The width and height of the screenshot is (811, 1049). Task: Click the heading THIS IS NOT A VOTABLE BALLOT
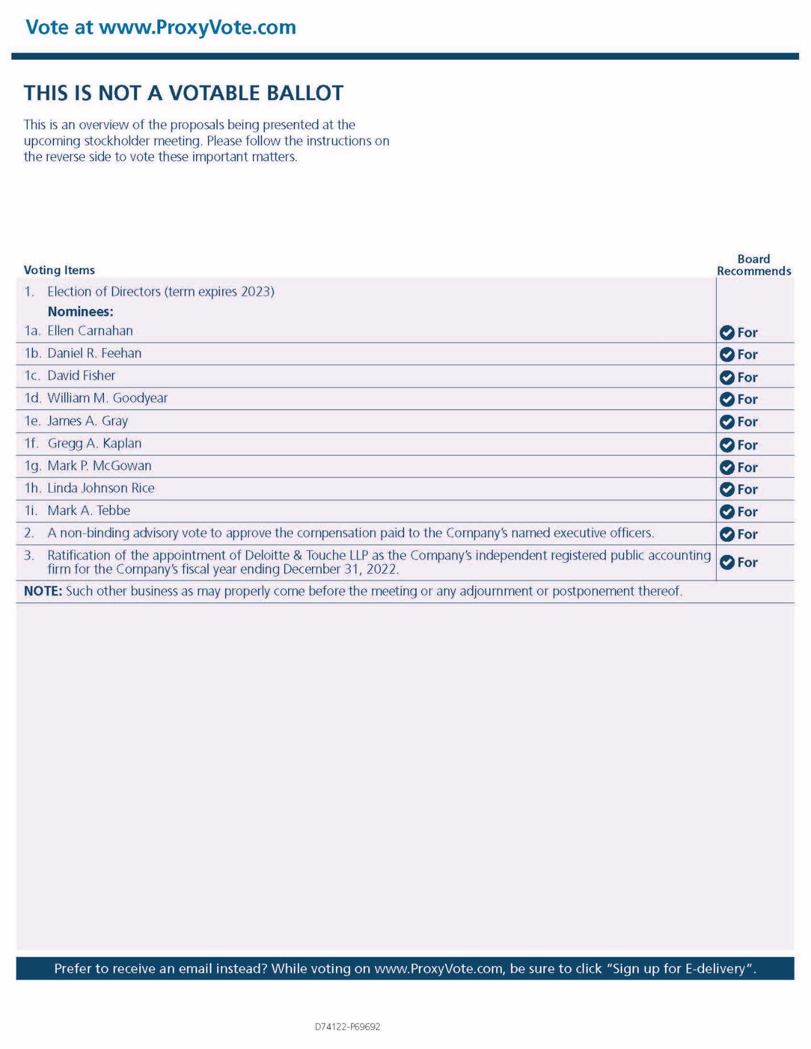pos(184,93)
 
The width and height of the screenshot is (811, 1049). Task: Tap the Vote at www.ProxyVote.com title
pos(161,27)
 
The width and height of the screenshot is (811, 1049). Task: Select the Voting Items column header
pos(59,270)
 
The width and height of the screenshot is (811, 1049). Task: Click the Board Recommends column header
pos(754,265)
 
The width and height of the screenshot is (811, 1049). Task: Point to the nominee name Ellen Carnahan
pos(90,331)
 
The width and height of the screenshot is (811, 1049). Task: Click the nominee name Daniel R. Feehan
pos(94,353)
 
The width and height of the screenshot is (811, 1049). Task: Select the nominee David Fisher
pos(81,375)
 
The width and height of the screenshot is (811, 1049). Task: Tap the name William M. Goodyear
pos(107,398)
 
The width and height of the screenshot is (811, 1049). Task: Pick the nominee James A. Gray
pos(88,421)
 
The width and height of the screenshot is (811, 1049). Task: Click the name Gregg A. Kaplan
pos(94,443)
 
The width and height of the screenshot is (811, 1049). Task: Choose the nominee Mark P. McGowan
pos(99,466)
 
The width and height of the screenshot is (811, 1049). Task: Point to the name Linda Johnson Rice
pos(101,488)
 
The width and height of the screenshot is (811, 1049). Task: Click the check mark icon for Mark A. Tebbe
pos(727,512)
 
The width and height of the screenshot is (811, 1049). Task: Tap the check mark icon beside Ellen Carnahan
pos(727,332)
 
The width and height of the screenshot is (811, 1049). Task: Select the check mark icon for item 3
pos(727,562)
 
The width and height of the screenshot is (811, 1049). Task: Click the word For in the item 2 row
pos(747,534)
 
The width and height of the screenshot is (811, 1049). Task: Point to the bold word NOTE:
pos(43,591)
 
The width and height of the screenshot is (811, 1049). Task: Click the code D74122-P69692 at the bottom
pos(347,1027)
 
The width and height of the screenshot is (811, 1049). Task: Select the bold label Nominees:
pos(80,311)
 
